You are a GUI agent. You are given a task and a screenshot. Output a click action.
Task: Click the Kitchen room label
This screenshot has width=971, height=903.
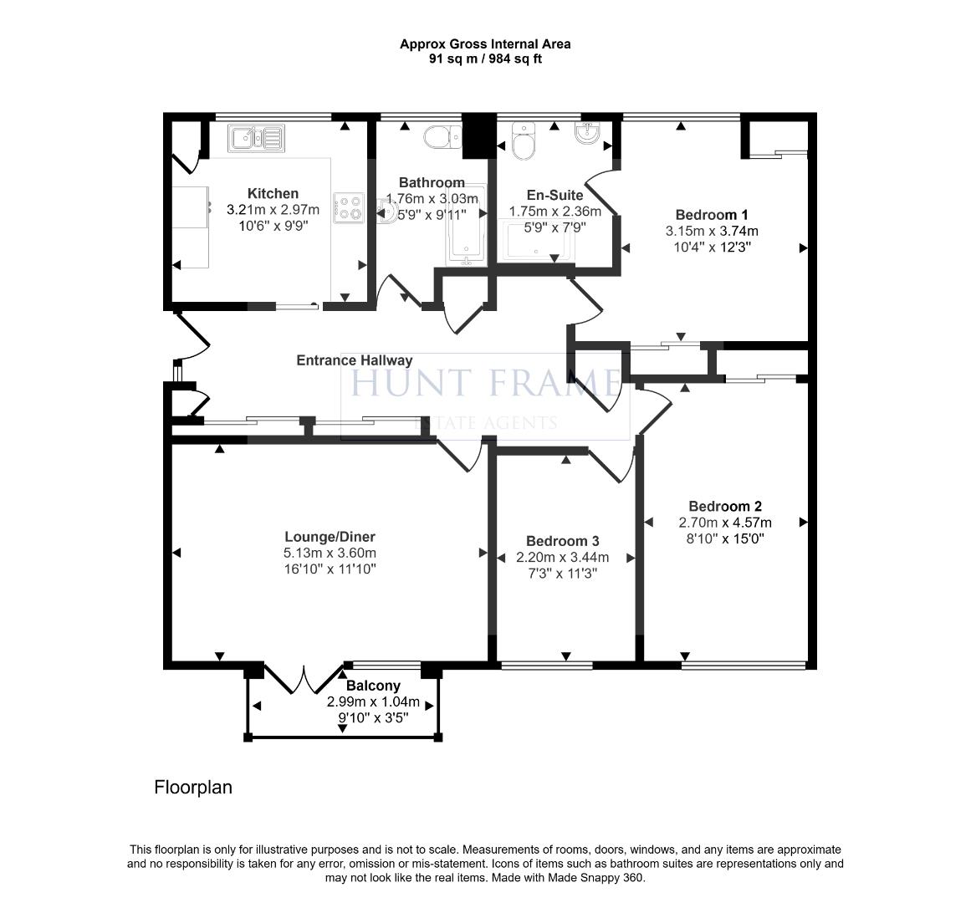273,193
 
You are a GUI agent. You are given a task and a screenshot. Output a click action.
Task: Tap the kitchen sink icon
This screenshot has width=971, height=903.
258,136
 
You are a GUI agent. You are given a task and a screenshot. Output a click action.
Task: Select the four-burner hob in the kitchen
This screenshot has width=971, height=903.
349,207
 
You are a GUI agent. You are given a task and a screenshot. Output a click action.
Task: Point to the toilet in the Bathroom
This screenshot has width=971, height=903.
441,136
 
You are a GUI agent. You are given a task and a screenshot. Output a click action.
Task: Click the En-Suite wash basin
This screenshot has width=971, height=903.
590,134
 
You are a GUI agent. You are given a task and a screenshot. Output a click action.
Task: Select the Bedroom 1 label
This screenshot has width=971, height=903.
712,215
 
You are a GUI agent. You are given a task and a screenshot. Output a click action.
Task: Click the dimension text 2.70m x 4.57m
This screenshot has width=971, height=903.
724,523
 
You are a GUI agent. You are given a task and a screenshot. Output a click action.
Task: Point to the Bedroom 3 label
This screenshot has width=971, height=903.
562,541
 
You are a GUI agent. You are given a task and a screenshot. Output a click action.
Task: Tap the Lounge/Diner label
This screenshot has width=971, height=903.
330,537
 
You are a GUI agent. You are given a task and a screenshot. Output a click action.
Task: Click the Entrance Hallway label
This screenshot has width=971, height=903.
355,360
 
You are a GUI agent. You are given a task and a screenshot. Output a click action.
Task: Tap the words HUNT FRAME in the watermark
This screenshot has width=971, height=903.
484,383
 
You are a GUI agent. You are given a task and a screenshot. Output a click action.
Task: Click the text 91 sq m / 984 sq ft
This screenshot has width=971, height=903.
485,59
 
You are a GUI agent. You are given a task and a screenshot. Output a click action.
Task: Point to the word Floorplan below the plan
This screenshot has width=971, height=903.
193,787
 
